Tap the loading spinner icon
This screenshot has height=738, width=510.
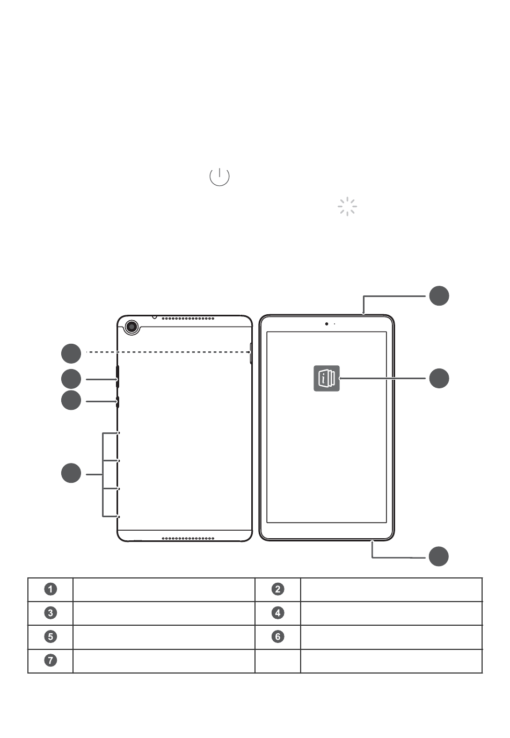pos(347,207)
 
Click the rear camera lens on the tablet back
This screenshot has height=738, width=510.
pos(132,327)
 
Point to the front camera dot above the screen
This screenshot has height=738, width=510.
pos(326,324)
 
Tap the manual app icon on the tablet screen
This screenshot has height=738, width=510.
pos(326,378)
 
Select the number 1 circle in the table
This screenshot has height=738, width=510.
pos(50,589)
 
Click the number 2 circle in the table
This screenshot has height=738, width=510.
pos(278,589)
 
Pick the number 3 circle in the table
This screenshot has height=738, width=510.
pos(50,613)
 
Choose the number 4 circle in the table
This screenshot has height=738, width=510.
pos(278,613)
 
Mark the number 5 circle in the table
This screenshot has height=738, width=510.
pos(50,636)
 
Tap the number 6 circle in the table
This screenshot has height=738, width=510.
pos(278,636)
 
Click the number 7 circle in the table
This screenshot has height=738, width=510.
pos(50,660)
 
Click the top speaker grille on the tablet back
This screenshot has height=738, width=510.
pos(188,319)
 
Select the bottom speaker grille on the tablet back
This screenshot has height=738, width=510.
pos(188,538)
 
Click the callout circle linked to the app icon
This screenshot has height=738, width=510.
pos(439,378)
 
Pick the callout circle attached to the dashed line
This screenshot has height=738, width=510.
pos(71,353)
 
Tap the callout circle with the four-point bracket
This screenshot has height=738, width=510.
pos(71,473)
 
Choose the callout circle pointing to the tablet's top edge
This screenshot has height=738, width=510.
pos(439,296)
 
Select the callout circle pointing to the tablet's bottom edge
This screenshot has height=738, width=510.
pos(439,556)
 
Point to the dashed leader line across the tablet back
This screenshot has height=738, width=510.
pos(168,352)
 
